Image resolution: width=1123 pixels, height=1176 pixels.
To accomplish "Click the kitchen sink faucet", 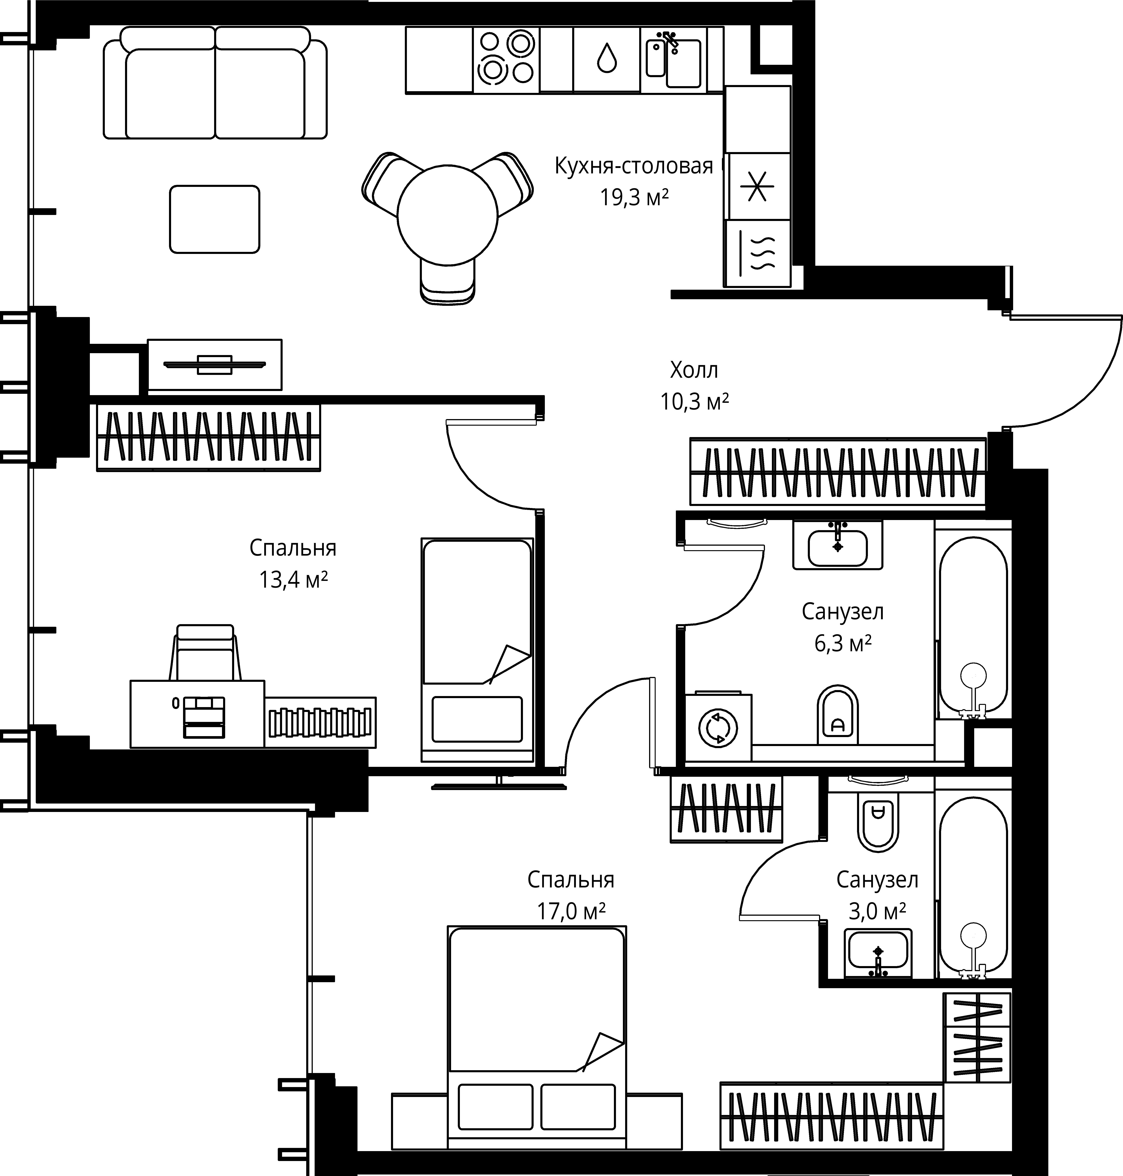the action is [667, 41].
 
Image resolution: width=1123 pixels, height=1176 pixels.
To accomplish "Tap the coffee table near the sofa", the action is [214, 219].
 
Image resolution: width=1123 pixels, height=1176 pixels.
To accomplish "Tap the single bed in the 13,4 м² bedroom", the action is [477, 650].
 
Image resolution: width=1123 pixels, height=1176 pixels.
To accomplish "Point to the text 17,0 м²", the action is [571, 911].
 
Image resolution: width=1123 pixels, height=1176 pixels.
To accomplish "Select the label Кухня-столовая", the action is [634, 166].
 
